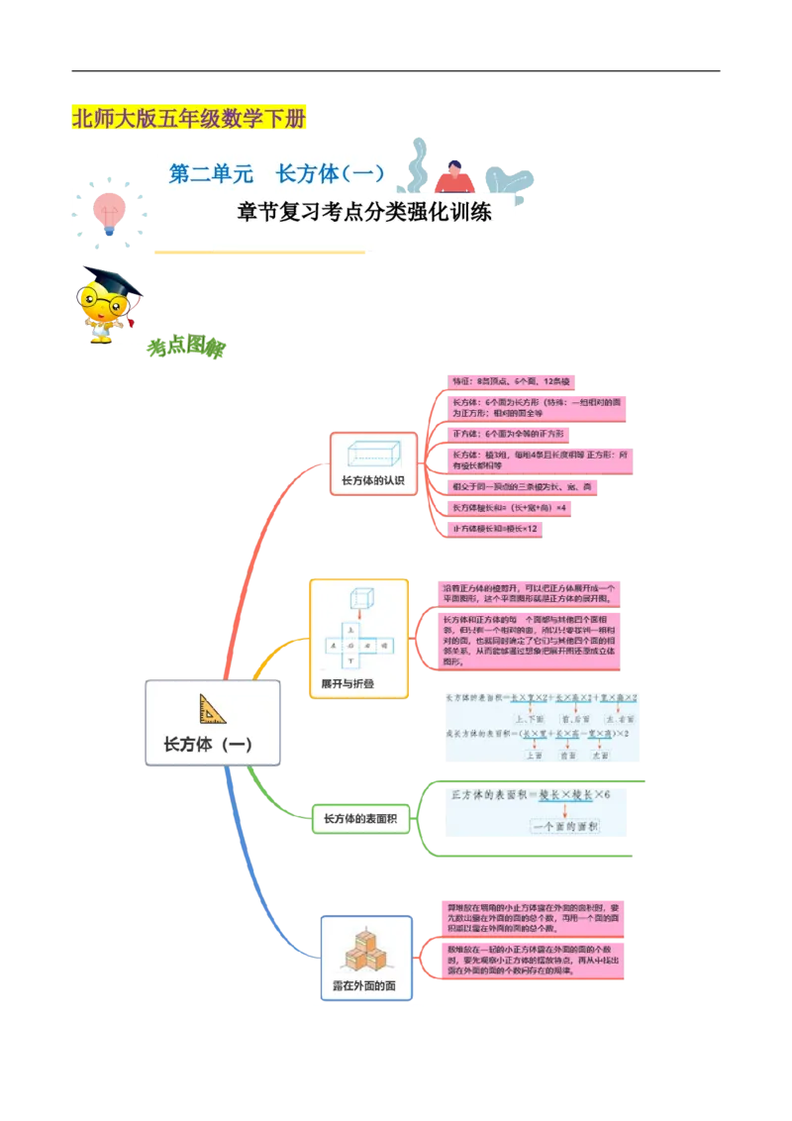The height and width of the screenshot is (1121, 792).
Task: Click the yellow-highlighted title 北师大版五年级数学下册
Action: point(189,120)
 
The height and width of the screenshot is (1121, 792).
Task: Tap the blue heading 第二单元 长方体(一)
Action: point(276,174)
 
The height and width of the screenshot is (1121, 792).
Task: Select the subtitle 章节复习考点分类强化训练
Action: point(364,212)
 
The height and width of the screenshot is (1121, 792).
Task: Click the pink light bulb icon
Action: point(107,208)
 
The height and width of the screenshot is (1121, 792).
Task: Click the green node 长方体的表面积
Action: point(359,818)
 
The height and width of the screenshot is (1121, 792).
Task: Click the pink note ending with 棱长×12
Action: point(495,529)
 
